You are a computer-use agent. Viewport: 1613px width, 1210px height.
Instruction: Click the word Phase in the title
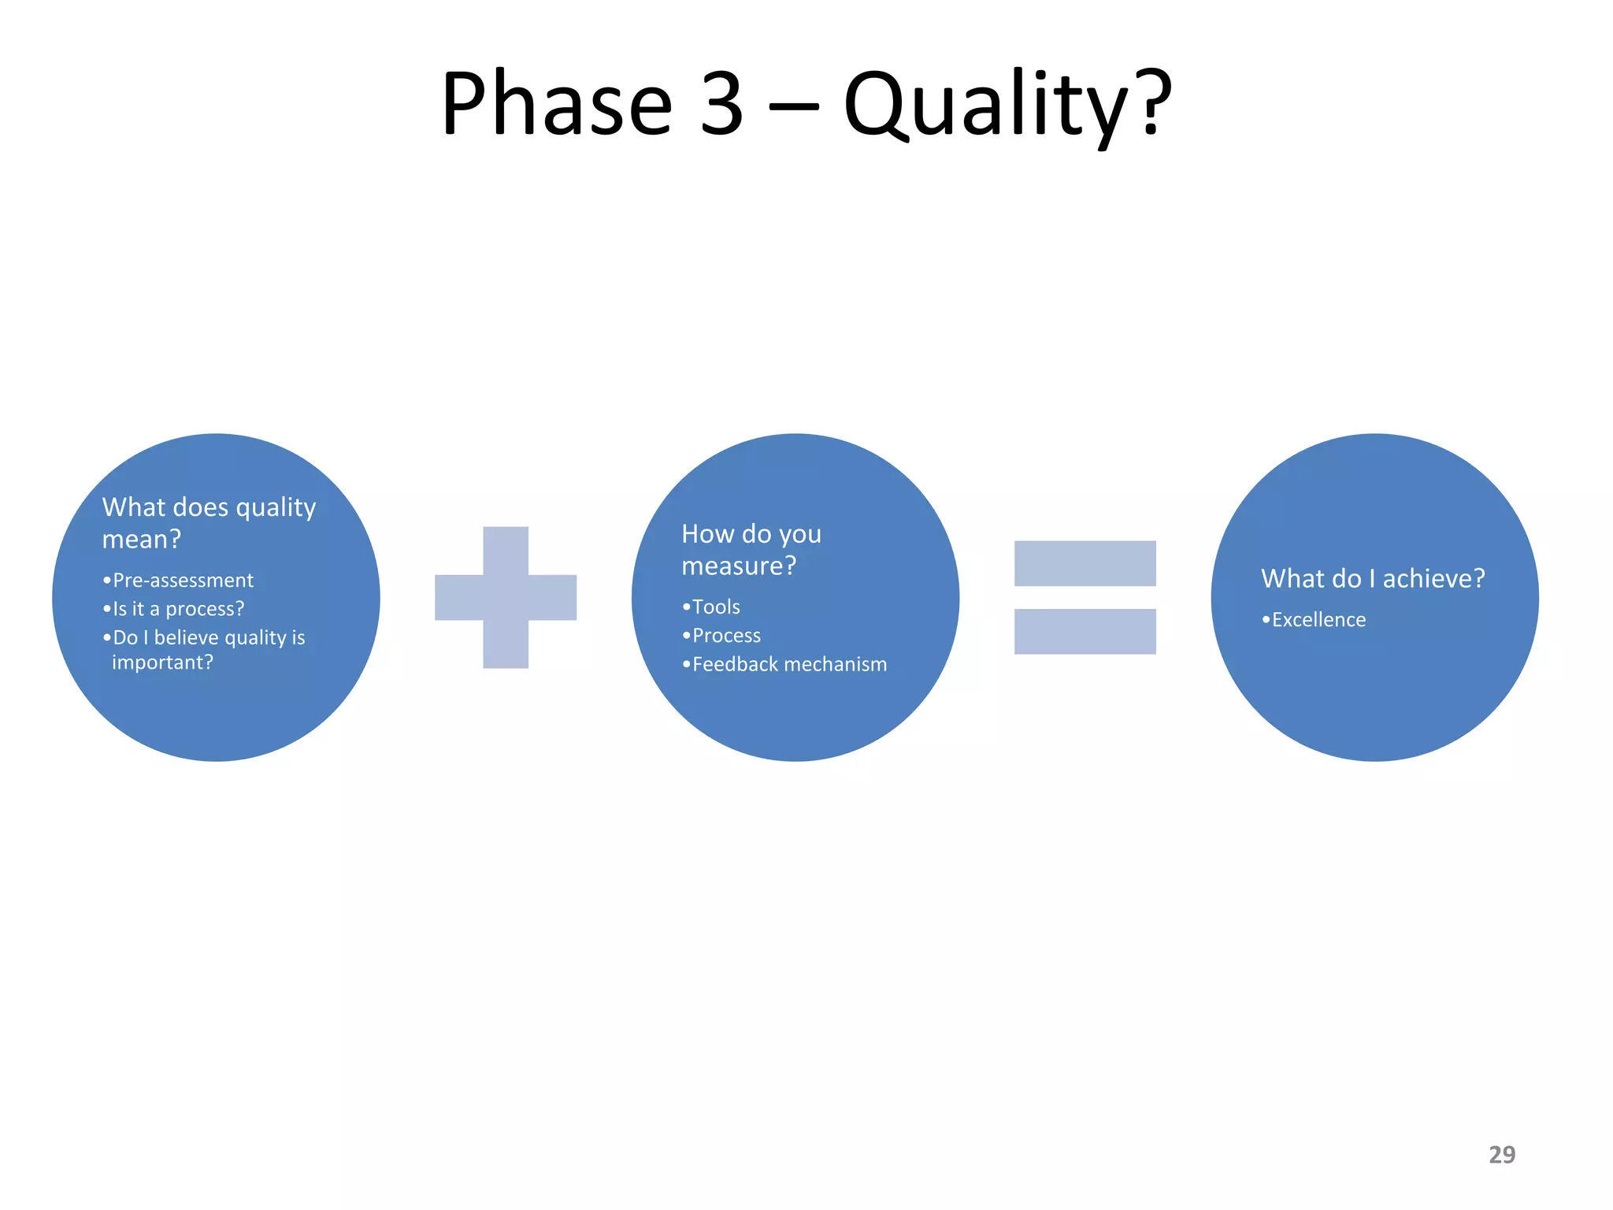tap(556, 104)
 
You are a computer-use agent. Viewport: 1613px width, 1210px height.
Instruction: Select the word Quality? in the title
tap(1007, 104)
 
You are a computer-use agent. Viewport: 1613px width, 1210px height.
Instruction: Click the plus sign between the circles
tap(506, 597)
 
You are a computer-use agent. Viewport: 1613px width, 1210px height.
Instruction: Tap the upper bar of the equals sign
tap(1085, 563)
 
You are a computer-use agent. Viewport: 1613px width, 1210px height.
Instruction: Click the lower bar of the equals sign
tap(1085, 631)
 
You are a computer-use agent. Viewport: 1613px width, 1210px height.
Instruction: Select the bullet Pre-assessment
tap(183, 581)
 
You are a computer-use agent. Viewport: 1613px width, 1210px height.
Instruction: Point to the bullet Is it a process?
tap(178, 609)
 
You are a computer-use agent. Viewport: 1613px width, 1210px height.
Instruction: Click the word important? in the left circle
tap(162, 663)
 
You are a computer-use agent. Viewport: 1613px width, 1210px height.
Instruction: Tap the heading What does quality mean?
tap(209, 522)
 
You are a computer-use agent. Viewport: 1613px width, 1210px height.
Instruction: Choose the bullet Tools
tap(715, 607)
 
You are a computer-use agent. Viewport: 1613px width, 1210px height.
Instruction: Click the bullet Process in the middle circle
tap(726, 636)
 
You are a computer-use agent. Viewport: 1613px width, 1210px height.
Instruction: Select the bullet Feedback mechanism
tap(789, 665)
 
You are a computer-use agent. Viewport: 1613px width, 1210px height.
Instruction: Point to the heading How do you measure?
tap(751, 549)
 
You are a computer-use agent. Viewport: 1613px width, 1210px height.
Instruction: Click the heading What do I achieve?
tap(1373, 579)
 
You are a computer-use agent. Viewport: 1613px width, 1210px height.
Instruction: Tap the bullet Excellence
tap(1318, 620)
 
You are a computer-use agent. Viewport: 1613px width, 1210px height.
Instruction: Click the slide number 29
tap(1501, 1155)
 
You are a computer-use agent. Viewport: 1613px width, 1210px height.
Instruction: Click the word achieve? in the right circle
tap(1433, 579)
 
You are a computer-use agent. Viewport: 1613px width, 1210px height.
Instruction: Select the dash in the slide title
tap(793, 104)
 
